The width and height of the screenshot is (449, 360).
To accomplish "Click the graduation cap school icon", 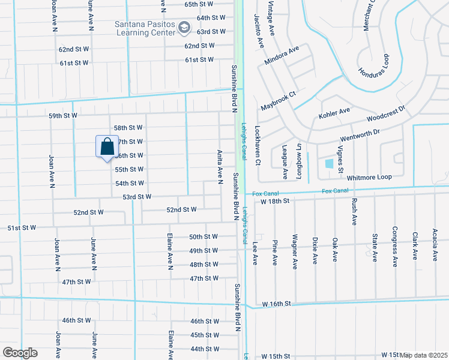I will tap(184, 28).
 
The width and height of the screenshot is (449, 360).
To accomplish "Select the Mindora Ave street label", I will tap(281, 56).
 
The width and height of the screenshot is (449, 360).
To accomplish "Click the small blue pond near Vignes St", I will tap(328, 163).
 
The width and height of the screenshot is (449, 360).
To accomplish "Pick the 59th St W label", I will tap(63, 115).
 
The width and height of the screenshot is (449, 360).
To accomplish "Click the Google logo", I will tap(19, 353).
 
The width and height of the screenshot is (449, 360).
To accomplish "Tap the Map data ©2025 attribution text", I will tap(423, 355).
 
